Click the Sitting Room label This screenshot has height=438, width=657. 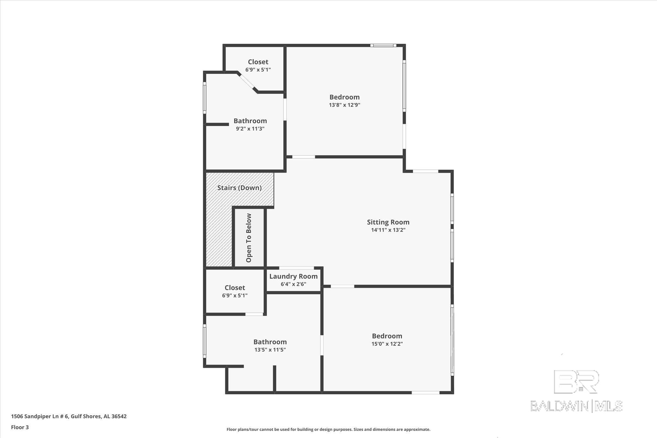[x=388, y=222]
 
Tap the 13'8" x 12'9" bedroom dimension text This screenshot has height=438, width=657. [x=345, y=105]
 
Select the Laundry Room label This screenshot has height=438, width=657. [x=293, y=276]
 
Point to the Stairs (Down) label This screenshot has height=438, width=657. [x=239, y=188]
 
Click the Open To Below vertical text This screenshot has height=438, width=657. [x=249, y=238]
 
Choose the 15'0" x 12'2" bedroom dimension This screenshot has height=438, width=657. [x=387, y=344]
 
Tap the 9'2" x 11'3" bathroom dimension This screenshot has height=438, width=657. [x=250, y=129]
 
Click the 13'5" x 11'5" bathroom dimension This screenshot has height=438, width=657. [x=270, y=350]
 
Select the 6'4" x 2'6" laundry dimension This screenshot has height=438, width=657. [x=293, y=284]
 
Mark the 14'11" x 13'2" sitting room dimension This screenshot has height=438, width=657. [x=388, y=230]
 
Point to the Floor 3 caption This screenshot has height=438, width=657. [x=20, y=427]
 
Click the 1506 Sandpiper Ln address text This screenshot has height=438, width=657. [x=69, y=416]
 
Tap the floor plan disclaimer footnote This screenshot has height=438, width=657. [x=328, y=429]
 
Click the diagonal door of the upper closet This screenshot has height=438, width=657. [x=247, y=82]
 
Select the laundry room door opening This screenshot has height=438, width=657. [x=296, y=268]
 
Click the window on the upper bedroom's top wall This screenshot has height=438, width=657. [x=383, y=46]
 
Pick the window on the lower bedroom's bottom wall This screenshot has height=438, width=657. [x=425, y=392]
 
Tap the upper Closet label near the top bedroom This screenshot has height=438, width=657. [x=258, y=62]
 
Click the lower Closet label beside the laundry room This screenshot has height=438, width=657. [x=235, y=288]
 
